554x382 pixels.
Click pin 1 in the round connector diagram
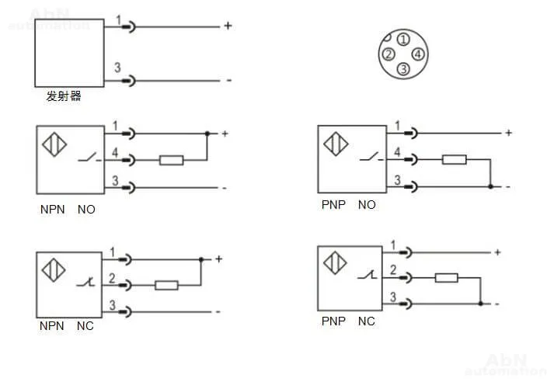(402, 40)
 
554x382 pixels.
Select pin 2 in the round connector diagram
(388, 54)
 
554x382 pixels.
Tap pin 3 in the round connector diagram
(402, 69)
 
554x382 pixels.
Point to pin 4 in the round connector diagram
(418, 54)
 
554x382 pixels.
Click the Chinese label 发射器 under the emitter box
(64, 97)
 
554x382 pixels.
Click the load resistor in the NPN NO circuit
(171, 161)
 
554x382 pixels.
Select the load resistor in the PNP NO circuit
(454, 160)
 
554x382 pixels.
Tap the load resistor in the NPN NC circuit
(167, 285)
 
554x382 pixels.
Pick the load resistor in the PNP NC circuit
(446, 277)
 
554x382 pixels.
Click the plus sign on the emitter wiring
(228, 26)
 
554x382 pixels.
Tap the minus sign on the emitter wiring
(228, 81)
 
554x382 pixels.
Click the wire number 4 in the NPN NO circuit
(115, 153)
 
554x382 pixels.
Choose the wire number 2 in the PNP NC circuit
(393, 269)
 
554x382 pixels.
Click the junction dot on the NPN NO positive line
(207, 134)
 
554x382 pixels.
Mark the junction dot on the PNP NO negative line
(490, 186)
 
